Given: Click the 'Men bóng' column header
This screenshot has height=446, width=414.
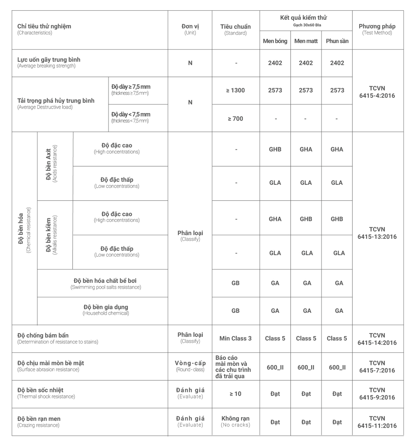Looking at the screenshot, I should click(x=275, y=41).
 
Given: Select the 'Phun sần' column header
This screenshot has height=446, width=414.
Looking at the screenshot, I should click(x=337, y=41).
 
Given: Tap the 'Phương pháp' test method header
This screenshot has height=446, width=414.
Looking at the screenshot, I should click(x=377, y=29).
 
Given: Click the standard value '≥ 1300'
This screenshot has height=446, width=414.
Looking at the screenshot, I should click(x=236, y=90).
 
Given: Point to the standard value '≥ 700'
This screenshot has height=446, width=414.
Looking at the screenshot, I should click(x=236, y=119).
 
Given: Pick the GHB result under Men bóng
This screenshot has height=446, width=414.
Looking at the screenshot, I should click(x=275, y=149).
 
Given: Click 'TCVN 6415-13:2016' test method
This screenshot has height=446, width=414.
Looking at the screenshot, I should click(x=377, y=233).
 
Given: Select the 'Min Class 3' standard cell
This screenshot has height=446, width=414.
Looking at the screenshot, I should click(x=236, y=338).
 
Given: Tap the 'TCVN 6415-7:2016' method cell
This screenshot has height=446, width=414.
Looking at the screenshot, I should click(x=377, y=367).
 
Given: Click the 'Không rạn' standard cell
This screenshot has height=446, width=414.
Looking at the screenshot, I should click(x=236, y=421).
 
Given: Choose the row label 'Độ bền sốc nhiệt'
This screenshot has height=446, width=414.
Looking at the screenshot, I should click(x=40, y=390).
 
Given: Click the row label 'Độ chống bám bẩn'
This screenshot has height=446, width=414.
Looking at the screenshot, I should click(x=43, y=335).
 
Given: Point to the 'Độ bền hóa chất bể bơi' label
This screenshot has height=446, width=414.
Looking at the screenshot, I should click(x=105, y=281).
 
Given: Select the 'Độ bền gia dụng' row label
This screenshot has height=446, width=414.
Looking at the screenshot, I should click(x=106, y=307).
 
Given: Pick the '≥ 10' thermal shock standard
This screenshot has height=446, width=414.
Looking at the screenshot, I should click(x=236, y=394).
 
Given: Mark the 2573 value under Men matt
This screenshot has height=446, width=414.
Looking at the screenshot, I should click(x=306, y=90).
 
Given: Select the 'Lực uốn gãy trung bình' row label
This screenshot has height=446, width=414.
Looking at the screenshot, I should click(x=49, y=60).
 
